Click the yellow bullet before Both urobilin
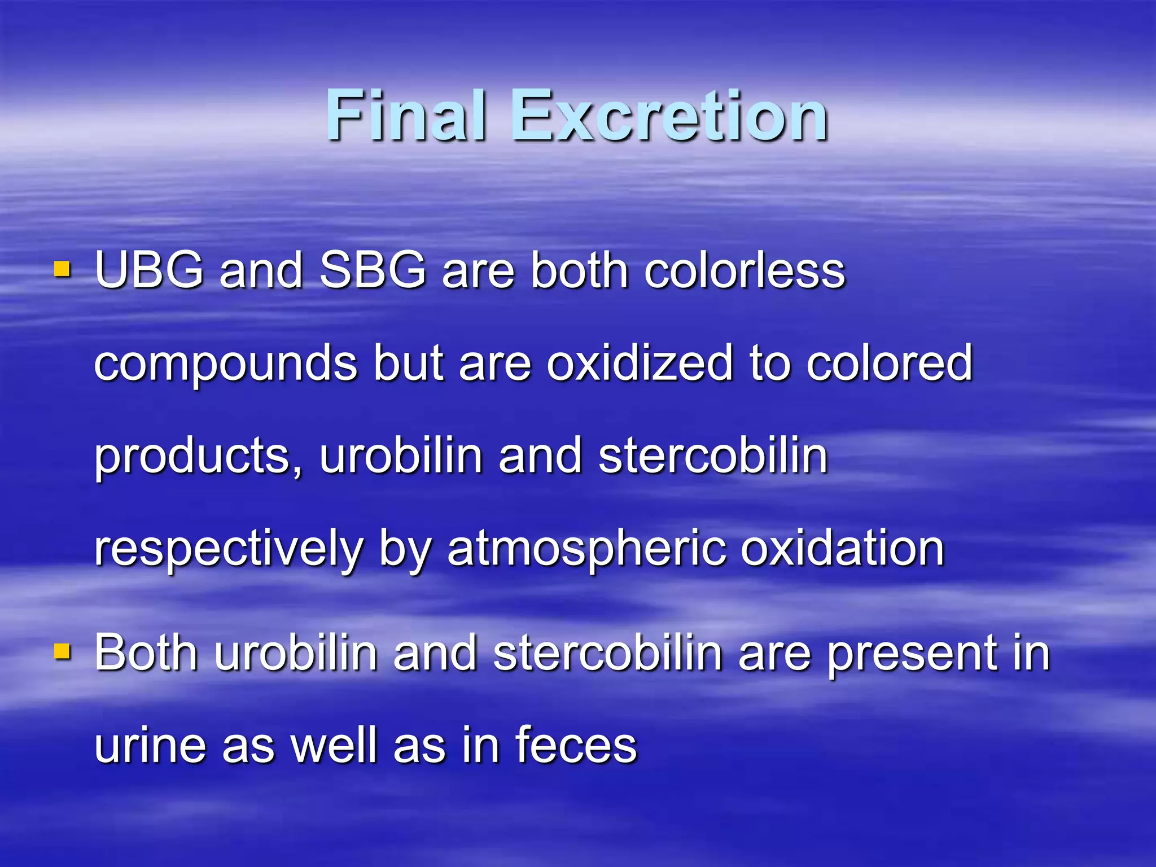pyautogui.click(x=62, y=651)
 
